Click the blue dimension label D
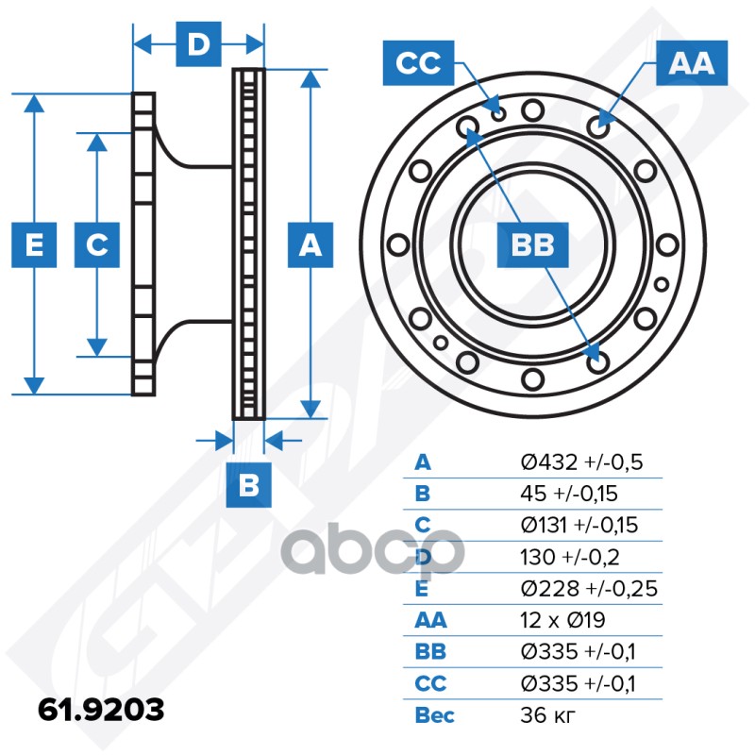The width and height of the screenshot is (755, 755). coord(197,44)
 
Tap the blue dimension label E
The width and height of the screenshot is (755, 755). coord(34,245)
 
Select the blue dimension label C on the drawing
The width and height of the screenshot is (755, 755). coord(96,245)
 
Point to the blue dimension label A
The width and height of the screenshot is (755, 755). coord(310,245)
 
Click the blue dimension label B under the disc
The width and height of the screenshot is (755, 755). coord(249,486)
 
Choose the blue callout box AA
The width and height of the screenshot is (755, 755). coord(691,63)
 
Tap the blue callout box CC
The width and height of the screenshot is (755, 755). coord(418,63)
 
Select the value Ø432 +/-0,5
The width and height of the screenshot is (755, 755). coord(581,462)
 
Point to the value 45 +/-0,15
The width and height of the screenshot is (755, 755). coord(576,494)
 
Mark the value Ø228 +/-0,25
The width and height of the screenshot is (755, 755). coord(589,589)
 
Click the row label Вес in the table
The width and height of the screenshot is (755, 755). coord(434,714)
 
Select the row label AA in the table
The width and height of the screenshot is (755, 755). coord(430,620)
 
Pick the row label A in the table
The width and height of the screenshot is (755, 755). coord(423,462)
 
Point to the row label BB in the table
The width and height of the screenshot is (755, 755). coord(430,651)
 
